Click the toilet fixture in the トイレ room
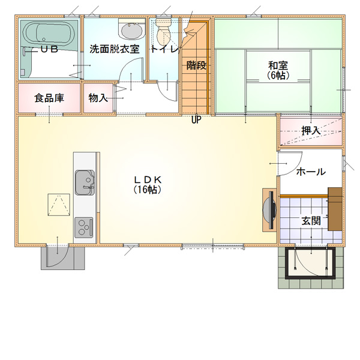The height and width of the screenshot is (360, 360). tap(163, 31)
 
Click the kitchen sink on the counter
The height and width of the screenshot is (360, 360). tap(85, 182)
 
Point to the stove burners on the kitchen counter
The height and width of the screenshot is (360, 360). tap(84, 227)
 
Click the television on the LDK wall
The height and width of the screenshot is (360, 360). tap(270, 209)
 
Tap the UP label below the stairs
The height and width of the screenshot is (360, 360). tap(196, 119)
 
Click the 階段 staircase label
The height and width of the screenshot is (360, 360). tap(196, 65)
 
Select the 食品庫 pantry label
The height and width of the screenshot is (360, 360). tap(49, 98)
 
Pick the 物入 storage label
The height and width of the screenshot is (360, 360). tap(98, 98)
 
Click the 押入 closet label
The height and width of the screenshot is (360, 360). tap(311, 131)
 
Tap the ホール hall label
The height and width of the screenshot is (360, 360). tap(311, 172)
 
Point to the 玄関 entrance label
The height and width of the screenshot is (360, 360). tap(311, 221)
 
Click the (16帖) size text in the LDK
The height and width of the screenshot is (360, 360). tap(148, 190)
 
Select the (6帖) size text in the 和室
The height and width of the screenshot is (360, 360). tap(278, 76)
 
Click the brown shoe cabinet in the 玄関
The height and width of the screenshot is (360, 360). tap(335, 209)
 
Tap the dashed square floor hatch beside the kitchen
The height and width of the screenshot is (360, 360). tap(59, 205)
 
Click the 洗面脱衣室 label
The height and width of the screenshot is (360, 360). tap(115, 49)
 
